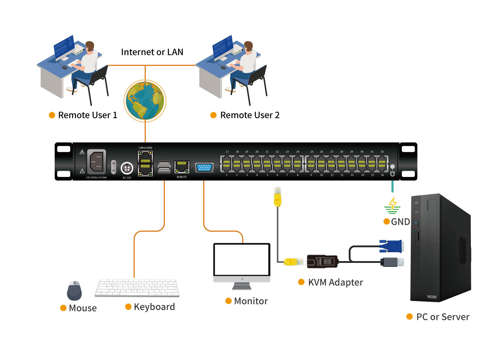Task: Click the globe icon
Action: click(145, 101)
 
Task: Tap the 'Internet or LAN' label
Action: click(152, 52)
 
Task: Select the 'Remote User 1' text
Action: click(87, 115)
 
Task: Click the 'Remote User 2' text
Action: click(250, 115)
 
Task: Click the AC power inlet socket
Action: click(96, 161)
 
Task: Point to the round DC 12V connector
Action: click(127, 168)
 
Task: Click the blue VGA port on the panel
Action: click(204, 168)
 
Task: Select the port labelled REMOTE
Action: click(182, 167)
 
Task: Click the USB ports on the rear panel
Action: click(164, 167)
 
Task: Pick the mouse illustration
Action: click(74, 291)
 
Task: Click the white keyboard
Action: click(137, 288)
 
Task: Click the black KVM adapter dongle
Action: click(322, 261)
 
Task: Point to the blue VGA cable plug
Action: click(391, 246)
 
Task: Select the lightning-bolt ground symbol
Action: click(392, 205)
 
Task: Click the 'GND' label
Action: click(400, 222)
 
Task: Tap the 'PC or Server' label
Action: click(442, 317)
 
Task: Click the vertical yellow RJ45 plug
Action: click(277, 197)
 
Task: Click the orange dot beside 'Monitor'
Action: click(228, 301)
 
